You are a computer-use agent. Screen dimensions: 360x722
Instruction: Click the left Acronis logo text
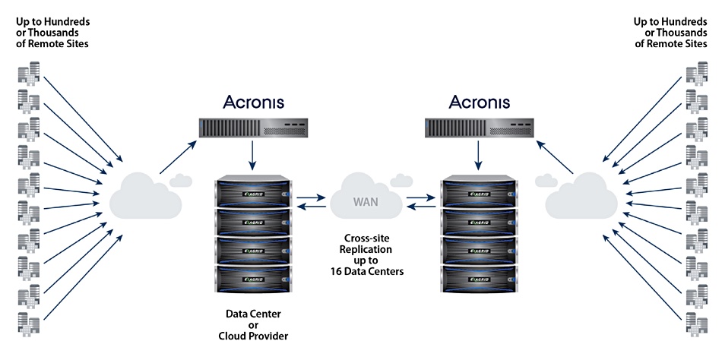click(x=253, y=102)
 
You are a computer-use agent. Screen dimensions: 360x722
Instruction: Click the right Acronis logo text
click(x=480, y=102)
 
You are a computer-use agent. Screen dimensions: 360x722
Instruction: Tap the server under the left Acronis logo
click(x=253, y=128)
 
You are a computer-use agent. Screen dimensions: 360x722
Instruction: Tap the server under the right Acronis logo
click(x=479, y=128)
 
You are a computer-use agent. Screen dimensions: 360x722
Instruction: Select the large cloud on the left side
click(x=145, y=196)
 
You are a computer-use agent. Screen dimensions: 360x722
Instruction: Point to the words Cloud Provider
click(x=254, y=337)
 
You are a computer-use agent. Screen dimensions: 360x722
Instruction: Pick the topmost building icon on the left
click(x=29, y=76)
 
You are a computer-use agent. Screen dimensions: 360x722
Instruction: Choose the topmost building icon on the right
click(x=695, y=76)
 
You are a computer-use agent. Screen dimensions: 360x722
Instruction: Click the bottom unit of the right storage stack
click(x=479, y=278)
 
